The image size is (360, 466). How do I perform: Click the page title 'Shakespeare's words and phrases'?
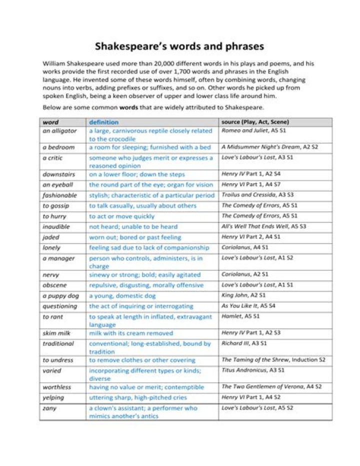tap(179, 47)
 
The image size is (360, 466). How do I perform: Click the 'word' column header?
tap(50, 122)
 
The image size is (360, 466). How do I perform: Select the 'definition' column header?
tap(103, 122)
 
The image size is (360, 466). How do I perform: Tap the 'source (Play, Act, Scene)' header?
tap(254, 122)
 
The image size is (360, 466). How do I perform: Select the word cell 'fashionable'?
tap(59, 195)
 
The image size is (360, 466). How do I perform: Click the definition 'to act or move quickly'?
tap(121, 216)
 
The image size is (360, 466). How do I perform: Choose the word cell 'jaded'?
tap(51, 237)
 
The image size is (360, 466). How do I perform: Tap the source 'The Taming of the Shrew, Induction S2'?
tap(273, 360)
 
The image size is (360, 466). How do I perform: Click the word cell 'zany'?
tap(49, 408)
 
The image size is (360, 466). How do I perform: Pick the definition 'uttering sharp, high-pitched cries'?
tap(138, 397)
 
